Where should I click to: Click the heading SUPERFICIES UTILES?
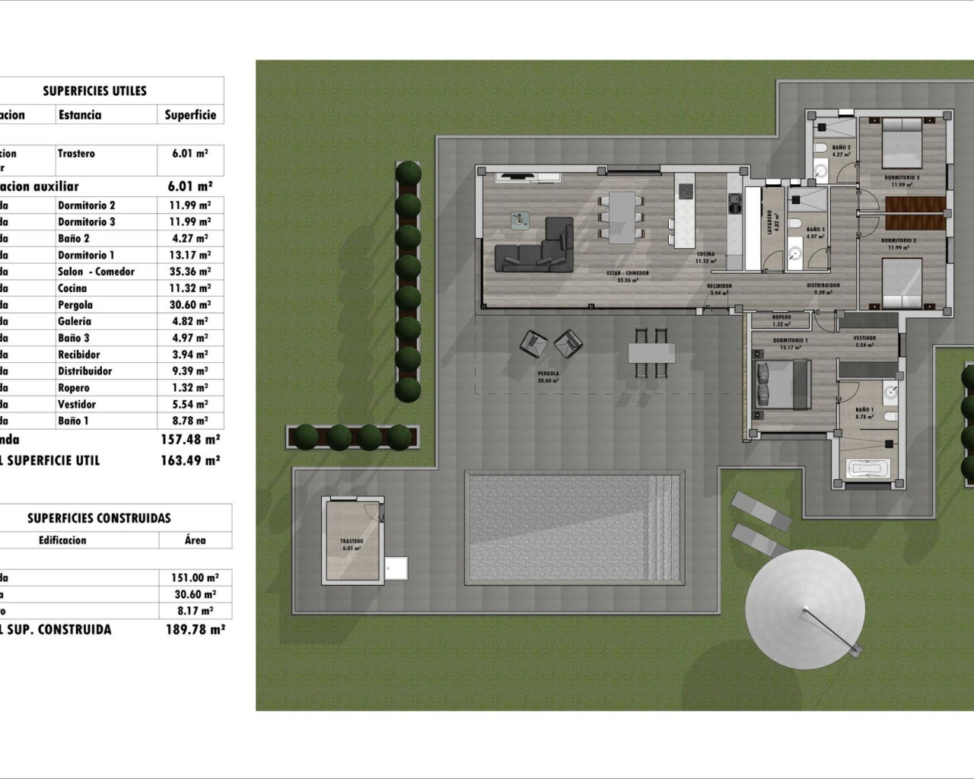[94, 91]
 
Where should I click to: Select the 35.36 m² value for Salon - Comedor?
[189, 272]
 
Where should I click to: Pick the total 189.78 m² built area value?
[195, 629]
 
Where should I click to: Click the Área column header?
[195, 540]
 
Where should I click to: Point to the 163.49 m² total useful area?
[190, 460]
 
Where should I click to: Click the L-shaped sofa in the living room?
[535, 247]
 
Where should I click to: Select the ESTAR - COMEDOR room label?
[627, 273]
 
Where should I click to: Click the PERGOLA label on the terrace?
[548, 374]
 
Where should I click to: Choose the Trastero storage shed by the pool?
[352, 539]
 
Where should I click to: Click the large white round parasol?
[805, 609]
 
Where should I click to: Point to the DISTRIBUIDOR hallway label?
[823, 286]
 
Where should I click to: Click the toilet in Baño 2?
[821, 147]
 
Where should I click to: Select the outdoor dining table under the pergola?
[651, 353]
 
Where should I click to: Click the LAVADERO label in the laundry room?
[769, 221]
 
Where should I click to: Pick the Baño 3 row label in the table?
[74, 338]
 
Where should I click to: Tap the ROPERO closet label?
[781, 317]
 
